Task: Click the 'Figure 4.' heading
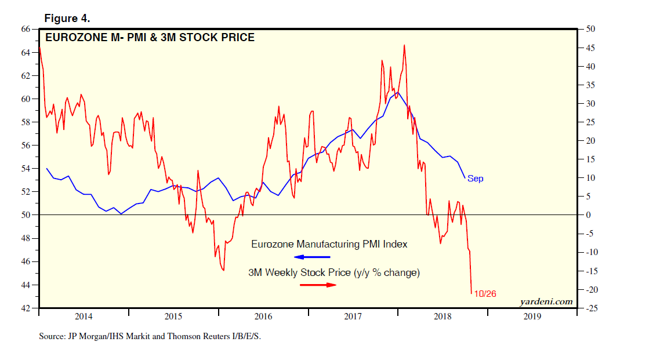67,18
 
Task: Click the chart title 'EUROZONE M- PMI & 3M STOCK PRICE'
150,38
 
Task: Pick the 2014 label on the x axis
84,317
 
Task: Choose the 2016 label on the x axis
263,317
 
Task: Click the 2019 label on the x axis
532,317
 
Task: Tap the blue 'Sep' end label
475,179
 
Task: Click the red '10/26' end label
485,294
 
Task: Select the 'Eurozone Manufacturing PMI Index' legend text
329,244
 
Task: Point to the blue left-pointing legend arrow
311,257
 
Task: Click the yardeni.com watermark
542,301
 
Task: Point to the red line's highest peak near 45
404,45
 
